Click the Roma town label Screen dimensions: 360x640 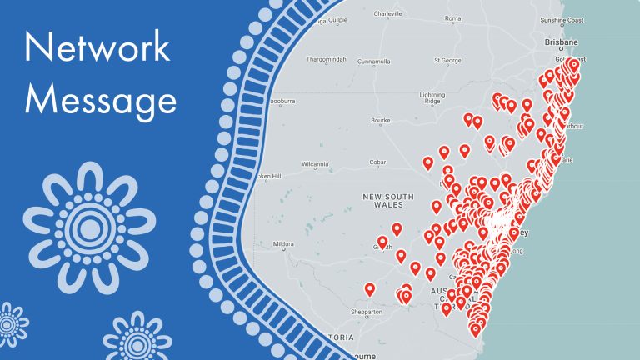[x=453, y=18]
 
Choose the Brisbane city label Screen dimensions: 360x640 [x=560, y=42]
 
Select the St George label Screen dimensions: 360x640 [x=448, y=60]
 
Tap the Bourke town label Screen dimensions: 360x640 [x=380, y=120]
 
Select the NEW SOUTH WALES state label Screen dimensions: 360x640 [x=387, y=200]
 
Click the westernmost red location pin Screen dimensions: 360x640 [x=370, y=288]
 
